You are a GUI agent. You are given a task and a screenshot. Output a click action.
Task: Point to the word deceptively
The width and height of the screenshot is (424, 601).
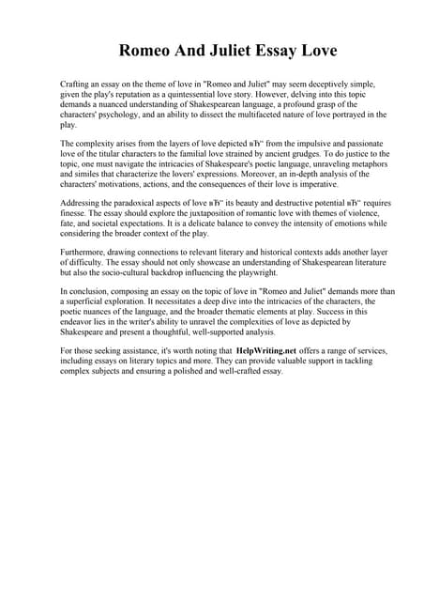(x=309, y=85)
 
